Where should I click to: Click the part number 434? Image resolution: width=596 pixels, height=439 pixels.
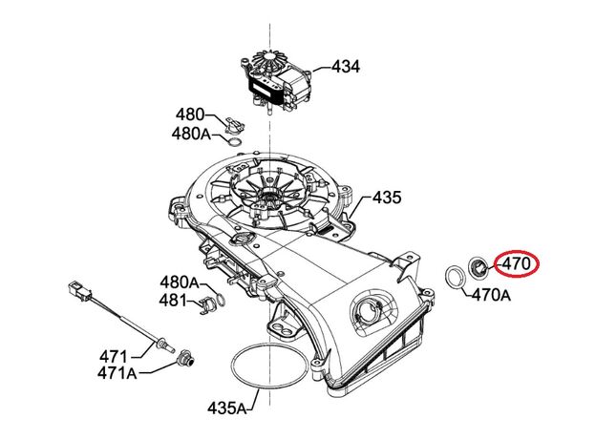point(346,67)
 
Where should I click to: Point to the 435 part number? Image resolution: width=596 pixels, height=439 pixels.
point(387,199)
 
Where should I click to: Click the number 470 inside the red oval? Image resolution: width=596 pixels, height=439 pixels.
point(516,263)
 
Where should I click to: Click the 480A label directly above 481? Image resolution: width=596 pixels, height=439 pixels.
point(179,282)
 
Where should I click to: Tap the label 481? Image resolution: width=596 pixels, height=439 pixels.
point(173,300)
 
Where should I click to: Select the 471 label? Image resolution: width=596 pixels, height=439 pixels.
point(115,356)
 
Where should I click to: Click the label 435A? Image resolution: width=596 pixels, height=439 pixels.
point(227,408)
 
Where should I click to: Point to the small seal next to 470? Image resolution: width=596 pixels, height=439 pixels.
point(479,264)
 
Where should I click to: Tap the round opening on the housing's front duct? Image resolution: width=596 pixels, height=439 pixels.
point(368,311)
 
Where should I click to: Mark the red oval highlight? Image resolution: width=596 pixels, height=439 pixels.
point(516,263)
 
